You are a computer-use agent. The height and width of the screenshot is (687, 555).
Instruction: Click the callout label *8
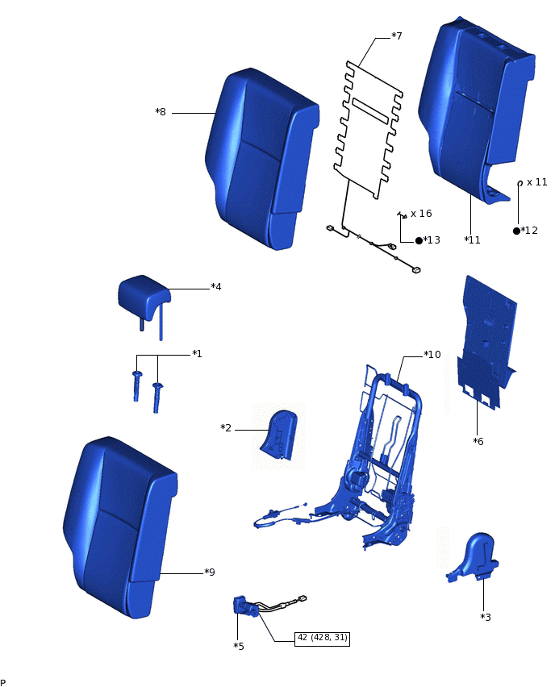click(161, 112)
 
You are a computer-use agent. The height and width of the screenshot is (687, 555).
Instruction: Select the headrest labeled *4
click(144, 294)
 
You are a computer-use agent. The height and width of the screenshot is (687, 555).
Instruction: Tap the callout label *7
click(396, 36)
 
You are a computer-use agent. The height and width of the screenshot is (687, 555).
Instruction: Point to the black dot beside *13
click(419, 240)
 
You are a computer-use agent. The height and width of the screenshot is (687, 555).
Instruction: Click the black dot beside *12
click(516, 231)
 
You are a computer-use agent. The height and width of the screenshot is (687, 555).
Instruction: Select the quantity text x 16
click(421, 214)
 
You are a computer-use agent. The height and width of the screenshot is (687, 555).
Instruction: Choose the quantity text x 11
click(536, 182)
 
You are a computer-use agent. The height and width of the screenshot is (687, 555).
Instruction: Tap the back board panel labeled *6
click(486, 339)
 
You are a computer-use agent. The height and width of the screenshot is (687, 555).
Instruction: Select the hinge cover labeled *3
click(474, 556)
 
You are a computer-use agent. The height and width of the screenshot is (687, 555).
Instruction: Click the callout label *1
click(197, 354)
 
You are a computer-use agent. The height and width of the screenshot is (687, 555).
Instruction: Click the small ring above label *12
click(520, 183)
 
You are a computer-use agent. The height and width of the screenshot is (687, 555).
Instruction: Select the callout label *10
click(432, 354)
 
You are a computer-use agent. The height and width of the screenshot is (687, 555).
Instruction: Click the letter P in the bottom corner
click(3, 681)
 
